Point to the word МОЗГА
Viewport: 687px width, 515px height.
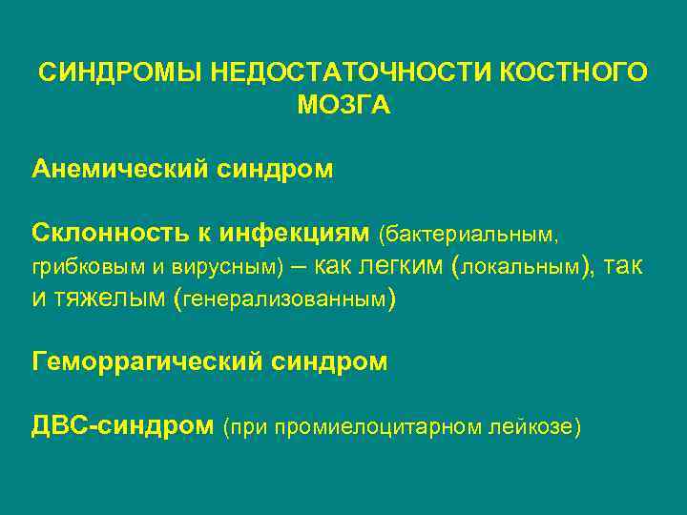(343, 106)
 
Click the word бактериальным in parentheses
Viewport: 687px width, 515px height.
(468, 233)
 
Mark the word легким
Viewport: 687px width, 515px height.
(400, 265)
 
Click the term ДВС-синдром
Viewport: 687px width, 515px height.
(122, 424)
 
